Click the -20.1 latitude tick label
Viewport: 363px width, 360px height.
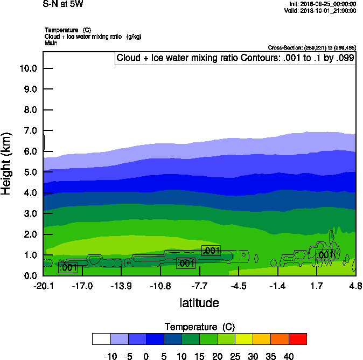(x=43, y=286)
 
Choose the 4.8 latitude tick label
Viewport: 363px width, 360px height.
(x=355, y=286)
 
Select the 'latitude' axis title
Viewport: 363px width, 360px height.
(x=199, y=303)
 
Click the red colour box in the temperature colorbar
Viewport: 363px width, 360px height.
(x=298, y=339)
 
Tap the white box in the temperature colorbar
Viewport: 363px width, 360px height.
(x=101, y=339)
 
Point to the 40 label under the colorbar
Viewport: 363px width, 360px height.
(x=288, y=356)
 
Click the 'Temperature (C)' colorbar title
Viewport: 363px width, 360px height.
(x=199, y=327)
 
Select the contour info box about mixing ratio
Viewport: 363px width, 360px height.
(x=235, y=58)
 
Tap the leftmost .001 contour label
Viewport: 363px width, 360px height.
(x=68, y=267)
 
